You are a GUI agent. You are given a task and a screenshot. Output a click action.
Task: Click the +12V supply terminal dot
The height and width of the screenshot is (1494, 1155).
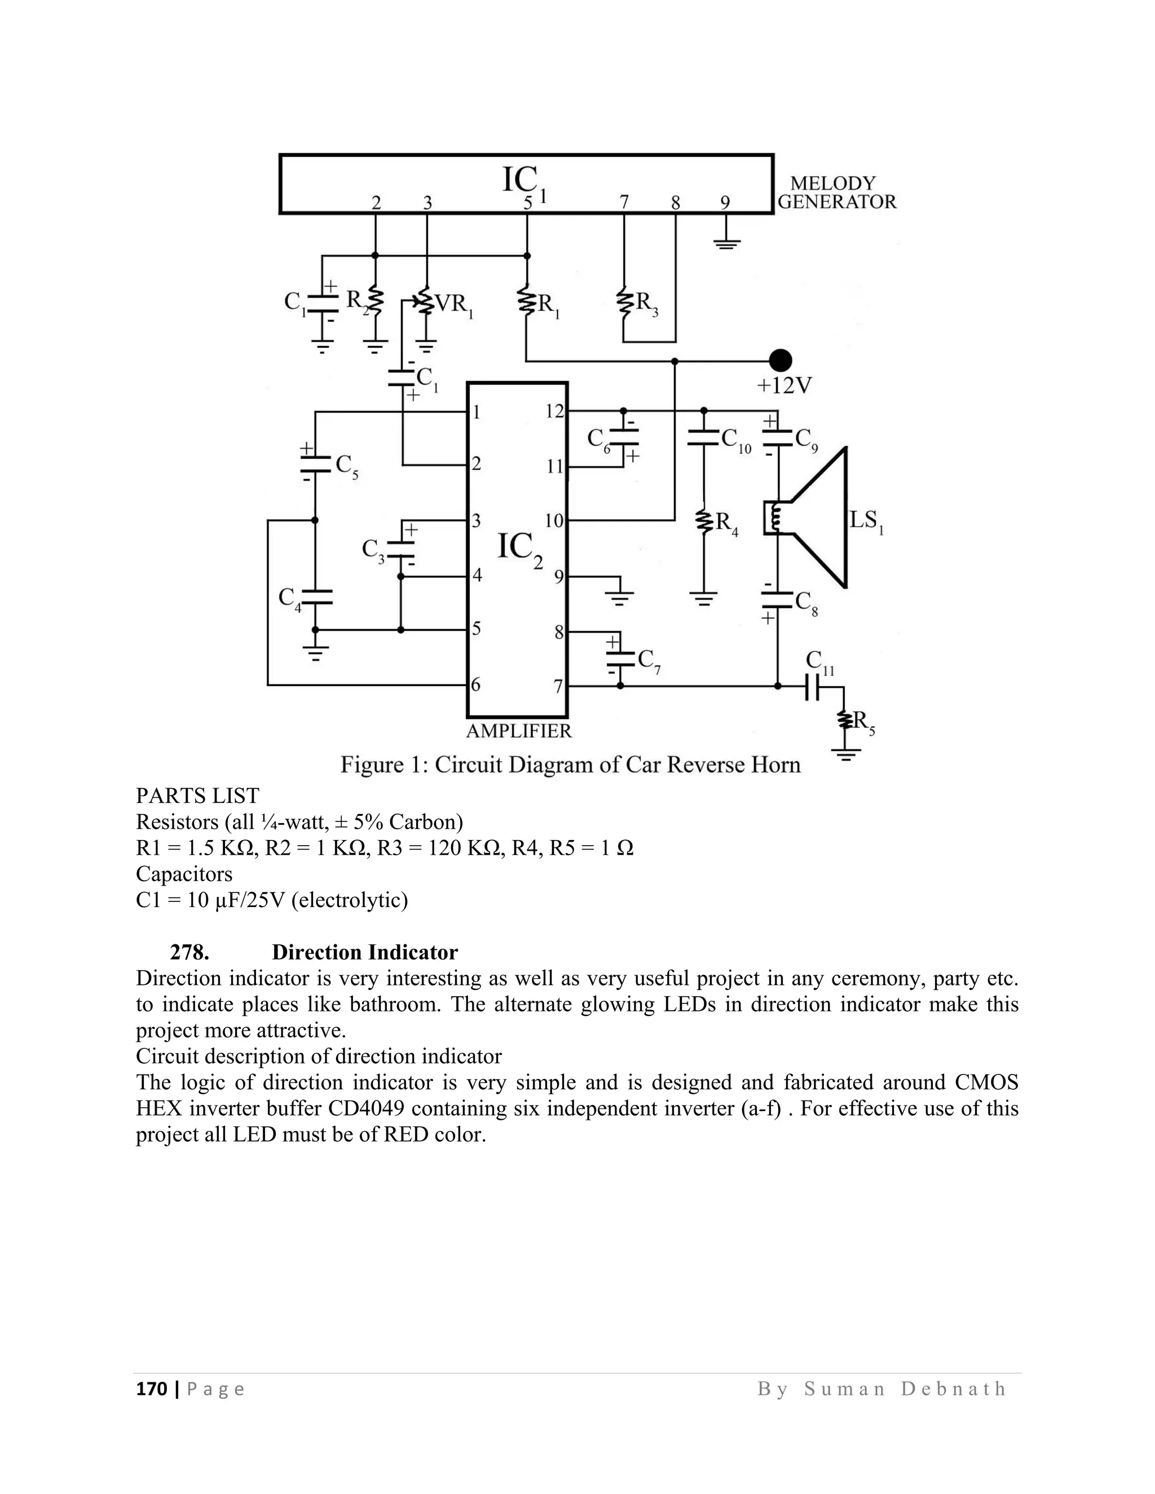click(780, 360)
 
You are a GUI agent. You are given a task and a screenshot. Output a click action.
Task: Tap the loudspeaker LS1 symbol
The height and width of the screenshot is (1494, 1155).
click(814, 518)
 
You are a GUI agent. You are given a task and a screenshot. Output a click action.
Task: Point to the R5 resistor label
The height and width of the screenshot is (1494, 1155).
click(863, 722)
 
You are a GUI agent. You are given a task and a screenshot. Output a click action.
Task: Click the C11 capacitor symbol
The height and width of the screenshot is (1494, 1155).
click(812, 686)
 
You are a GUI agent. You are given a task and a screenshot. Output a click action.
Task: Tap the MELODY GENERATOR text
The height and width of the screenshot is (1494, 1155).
click(836, 193)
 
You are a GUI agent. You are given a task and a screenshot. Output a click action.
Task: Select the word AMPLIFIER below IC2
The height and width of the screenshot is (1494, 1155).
click(519, 731)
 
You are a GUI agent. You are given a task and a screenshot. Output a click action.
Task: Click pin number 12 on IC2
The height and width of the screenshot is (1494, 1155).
click(554, 411)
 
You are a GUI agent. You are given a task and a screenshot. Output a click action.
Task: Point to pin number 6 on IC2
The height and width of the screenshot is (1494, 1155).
click(476, 684)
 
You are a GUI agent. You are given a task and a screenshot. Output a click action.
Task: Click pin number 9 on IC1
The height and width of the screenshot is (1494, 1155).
click(725, 202)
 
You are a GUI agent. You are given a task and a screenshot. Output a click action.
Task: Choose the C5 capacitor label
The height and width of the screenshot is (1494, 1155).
click(346, 466)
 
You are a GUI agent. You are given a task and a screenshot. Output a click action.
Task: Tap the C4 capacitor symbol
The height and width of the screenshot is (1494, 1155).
click(315, 596)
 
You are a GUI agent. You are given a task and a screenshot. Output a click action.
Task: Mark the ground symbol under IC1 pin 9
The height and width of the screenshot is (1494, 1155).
click(726, 243)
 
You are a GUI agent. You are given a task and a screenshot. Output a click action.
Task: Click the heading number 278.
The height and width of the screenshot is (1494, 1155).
click(189, 952)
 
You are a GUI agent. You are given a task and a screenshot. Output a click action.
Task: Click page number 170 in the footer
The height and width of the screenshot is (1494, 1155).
click(151, 1389)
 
